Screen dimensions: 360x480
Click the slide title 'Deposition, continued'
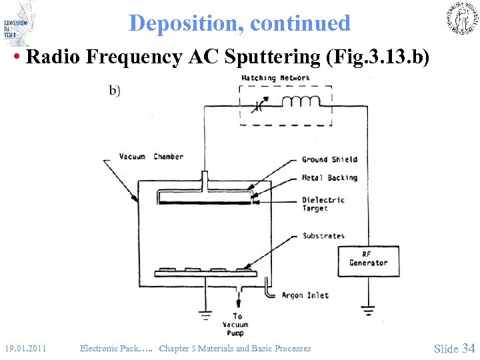pyautogui.click(x=239, y=23)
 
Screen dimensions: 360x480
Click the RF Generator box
pyautogui.click(x=368, y=258)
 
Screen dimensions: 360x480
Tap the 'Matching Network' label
pyautogui.click(x=275, y=78)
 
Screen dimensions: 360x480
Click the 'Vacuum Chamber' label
pyautogui.click(x=151, y=157)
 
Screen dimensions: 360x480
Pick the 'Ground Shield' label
pyautogui.click(x=329, y=159)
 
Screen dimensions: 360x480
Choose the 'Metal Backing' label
pyautogui.click(x=329, y=178)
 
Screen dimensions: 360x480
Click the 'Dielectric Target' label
pyautogui.click(x=323, y=204)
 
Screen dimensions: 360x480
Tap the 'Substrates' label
pyautogui.click(x=323, y=236)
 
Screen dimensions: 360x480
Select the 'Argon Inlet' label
pyautogui.click(x=305, y=295)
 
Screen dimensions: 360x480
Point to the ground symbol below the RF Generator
pyautogui.click(x=368, y=309)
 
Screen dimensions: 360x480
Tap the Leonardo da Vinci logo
pyautogui.click(x=18, y=23)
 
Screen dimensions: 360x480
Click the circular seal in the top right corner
pyautogui.click(x=461, y=19)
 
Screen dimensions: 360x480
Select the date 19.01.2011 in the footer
pyautogui.click(x=25, y=348)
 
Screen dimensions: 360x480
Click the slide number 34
pyautogui.click(x=468, y=348)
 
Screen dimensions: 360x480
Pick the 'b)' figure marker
pyautogui.click(x=115, y=91)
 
